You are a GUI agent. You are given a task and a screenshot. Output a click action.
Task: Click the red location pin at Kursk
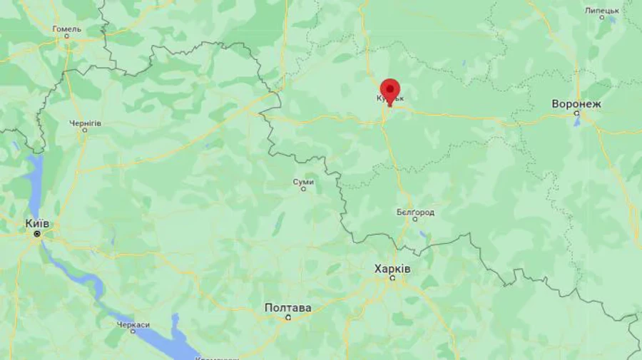pyautogui.click(x=389, y=91)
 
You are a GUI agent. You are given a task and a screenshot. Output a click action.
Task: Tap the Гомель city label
pyautogui.click(x=67, y=29)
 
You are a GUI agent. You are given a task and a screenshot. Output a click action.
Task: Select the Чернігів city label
pyautogui.click(x=85, y=123)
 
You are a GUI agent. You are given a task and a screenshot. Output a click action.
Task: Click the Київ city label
pyautogui.click(x=37, y=223)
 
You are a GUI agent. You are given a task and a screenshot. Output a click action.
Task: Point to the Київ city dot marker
pyautogui.click(x=37, y=233)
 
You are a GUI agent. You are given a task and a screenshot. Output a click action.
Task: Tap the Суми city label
pyautogui.click(x=303, y=182)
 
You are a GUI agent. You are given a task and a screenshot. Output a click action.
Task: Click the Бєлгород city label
pyautogui.click(x=415, y=212)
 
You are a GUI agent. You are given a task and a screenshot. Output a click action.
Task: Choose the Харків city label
pyautogui.click(x=392, y=268)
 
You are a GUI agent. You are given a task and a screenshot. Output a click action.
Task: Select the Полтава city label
pyautogui.click(x=287, y=308)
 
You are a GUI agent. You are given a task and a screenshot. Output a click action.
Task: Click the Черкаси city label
pyautogui.click(x=133, y=324)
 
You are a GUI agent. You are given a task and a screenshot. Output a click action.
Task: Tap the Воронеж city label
pyautogui.click(x=576, y=104)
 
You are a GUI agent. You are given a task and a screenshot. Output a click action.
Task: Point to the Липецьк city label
pyautogui.click(x=602, y=10)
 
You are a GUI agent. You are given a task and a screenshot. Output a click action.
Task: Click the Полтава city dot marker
pyautogui.click(x=288, y=318)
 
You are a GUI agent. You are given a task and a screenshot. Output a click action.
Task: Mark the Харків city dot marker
pyautogui.click(x=392, y=278)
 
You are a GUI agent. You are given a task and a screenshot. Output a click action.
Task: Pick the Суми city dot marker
pyautogui.click(x=303, y=190)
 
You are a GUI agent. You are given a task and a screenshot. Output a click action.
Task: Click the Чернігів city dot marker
pyautogui.click(x=85, y=130)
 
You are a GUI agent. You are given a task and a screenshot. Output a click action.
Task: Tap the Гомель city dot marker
pyautogui.click(x=68, y=37)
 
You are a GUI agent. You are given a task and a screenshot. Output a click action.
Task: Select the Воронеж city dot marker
pyautogui.click(x=576, y=114)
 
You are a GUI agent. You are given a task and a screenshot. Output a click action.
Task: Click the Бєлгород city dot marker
pyautogui.click(x=414, y=220)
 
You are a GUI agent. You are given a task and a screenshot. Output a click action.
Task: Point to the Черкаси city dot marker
pyautogui.click(x=133, y=332)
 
